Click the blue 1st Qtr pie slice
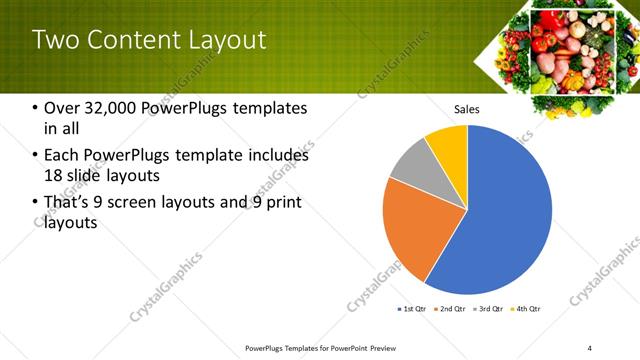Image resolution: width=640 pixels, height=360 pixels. pos(500,210)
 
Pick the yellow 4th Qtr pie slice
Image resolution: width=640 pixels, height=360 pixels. pos(448,146)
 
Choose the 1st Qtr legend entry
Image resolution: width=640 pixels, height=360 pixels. pos(413,309)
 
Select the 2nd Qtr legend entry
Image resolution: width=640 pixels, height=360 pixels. pos(452,309)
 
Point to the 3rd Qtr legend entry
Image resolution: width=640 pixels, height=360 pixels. pos(490,309)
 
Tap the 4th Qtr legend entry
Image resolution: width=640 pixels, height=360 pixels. pos(528,309)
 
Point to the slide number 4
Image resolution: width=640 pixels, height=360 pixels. pos(590,347)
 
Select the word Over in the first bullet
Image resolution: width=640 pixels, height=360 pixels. pos(62,108)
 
